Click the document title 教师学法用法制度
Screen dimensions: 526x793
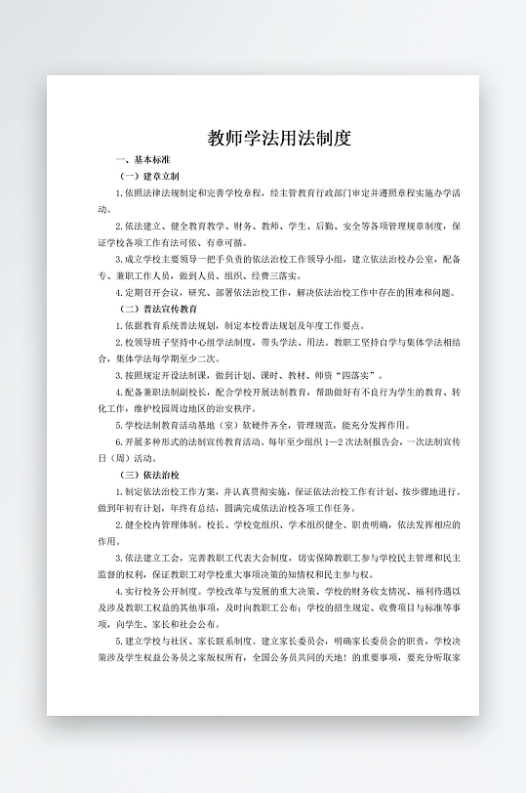point(279,138)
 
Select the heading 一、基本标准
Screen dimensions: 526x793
point(143,159)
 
